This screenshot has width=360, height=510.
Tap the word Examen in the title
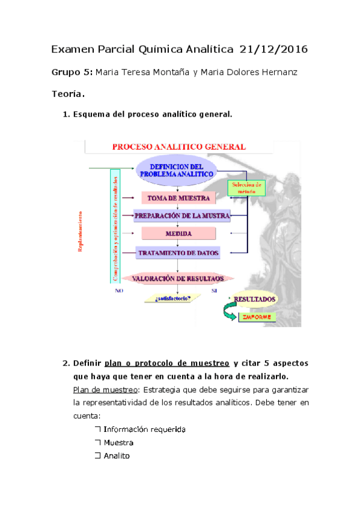[71, 49]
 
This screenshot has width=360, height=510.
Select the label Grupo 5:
[72, 73]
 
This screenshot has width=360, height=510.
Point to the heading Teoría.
[69, 94]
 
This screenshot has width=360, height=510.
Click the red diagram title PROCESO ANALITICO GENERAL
[178, 147]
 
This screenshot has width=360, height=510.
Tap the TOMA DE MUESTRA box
[178, 198]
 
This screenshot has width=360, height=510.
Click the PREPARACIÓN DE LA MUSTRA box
[182, 216]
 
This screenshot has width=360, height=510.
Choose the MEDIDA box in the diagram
[178, 233]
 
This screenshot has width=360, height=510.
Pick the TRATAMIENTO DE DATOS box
[178, 253]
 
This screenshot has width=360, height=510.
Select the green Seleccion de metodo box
[246, 188]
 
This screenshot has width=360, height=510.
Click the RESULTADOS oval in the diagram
[254, 299]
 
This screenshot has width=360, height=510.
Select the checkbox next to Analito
[97, 456]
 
